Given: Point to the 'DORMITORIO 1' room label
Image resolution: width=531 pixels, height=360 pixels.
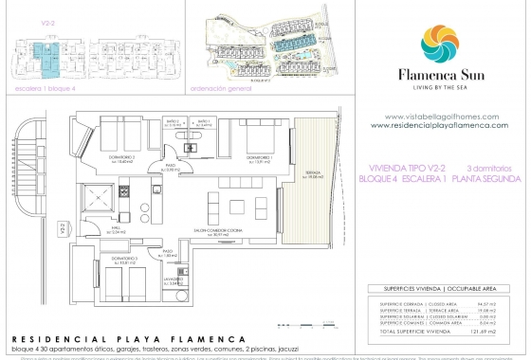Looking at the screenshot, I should point(259,160).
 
